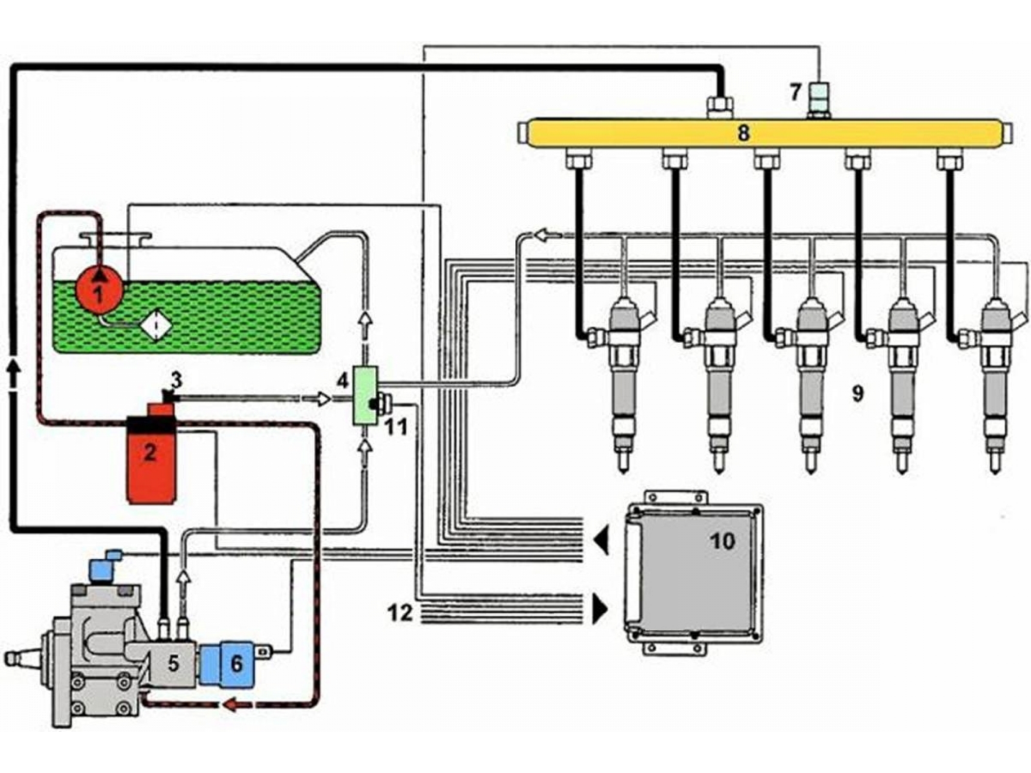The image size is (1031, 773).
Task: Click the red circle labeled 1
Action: pyautogui.click(x=99, y=290)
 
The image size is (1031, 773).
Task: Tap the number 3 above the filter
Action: pyautogui.click(x=176, y=381)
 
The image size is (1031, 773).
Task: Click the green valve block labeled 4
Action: pyautogui.click(x=365, y=395)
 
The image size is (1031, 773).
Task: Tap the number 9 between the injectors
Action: pyautogui.click(x=857, y=394)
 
